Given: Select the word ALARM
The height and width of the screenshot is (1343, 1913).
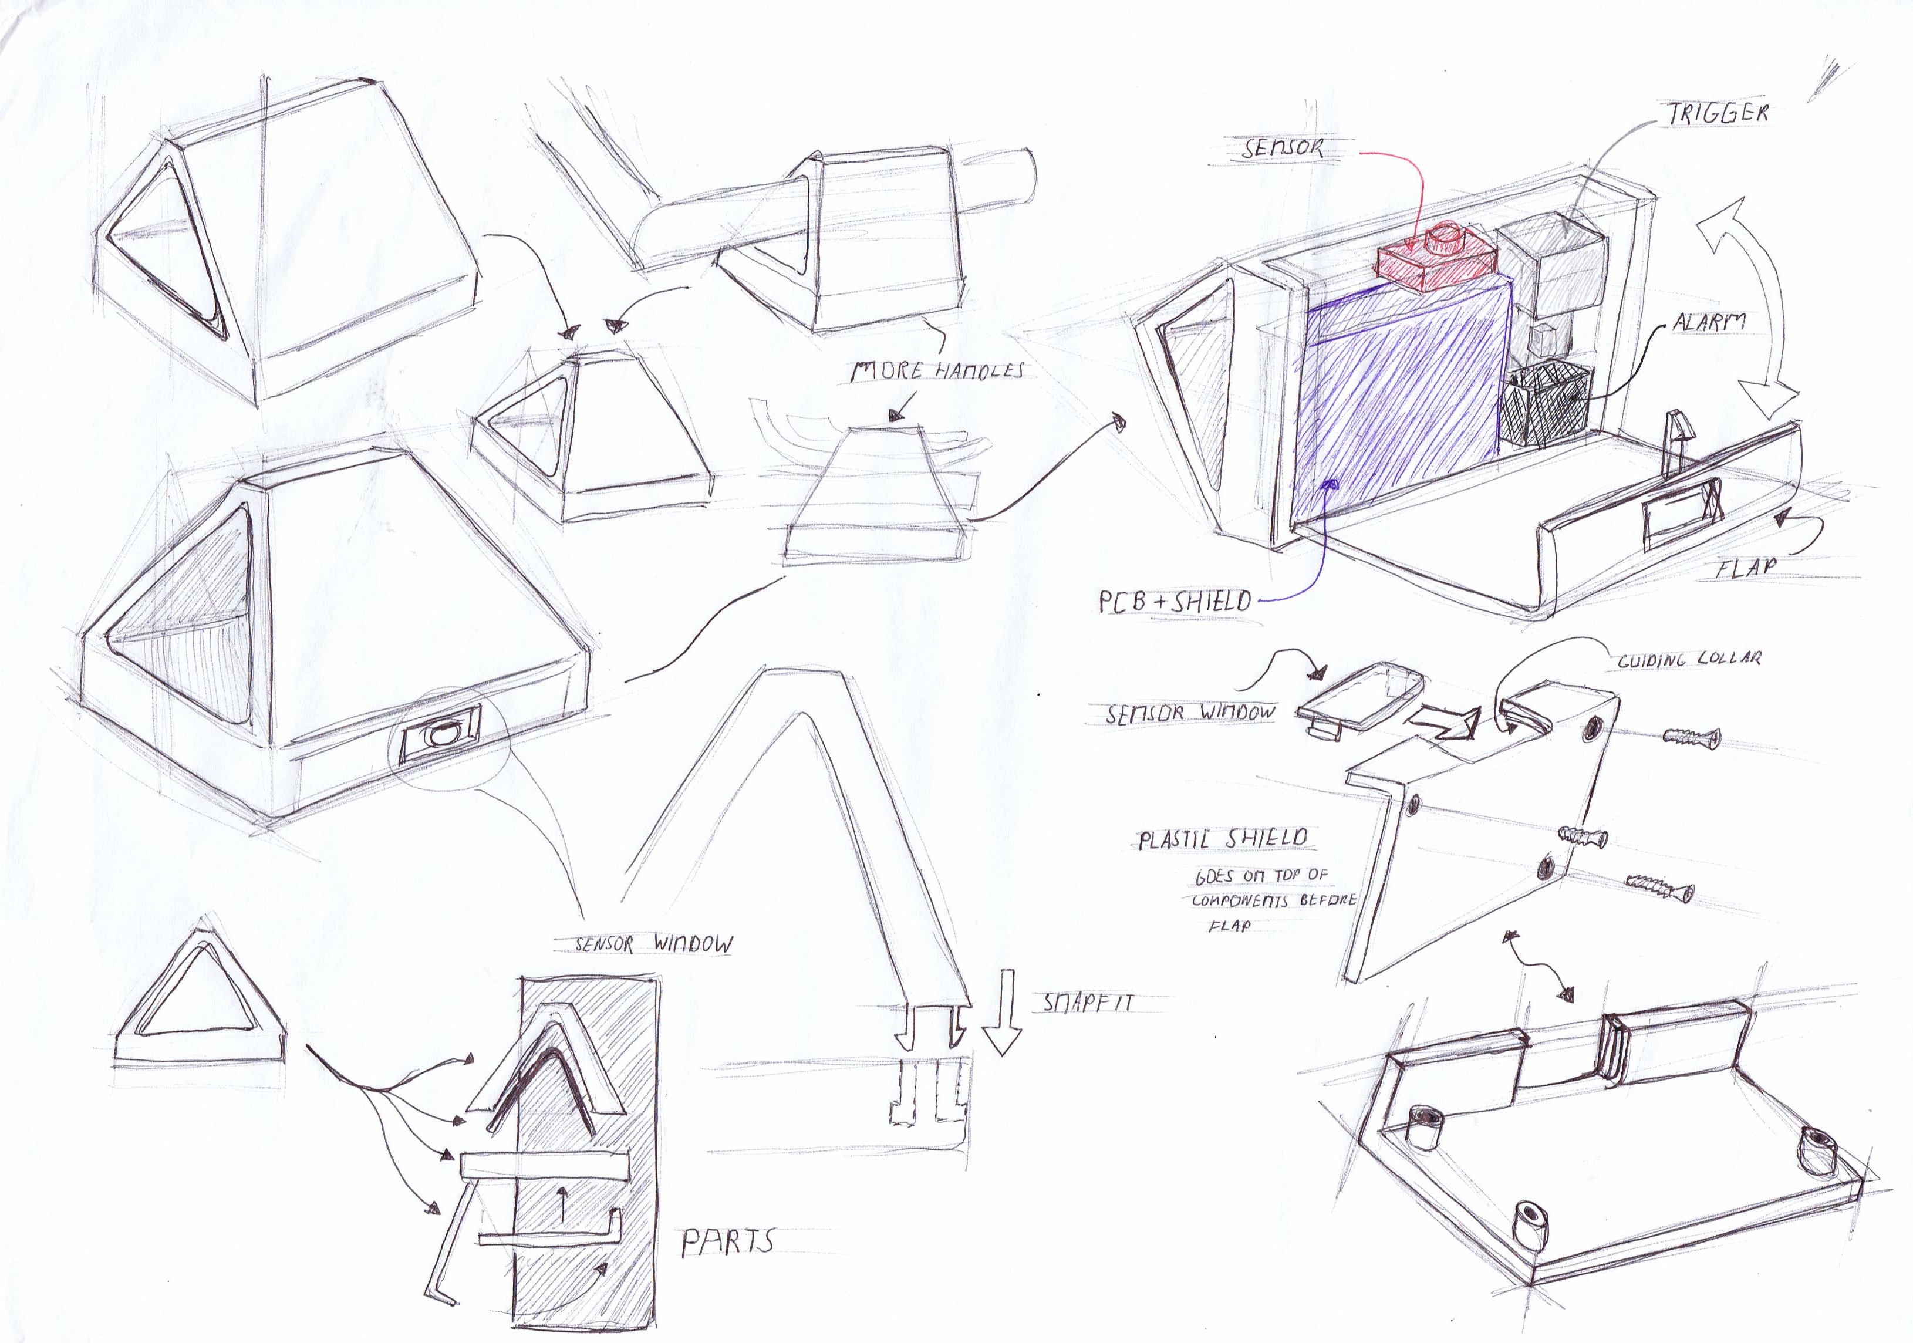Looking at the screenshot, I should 1709,322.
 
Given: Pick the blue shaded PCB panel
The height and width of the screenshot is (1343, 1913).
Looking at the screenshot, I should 1404,392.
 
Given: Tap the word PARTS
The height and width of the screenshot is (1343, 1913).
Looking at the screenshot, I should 727,1243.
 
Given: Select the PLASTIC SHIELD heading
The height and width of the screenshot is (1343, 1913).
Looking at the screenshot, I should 1222,839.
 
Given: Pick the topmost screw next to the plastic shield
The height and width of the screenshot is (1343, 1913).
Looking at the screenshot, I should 1691,737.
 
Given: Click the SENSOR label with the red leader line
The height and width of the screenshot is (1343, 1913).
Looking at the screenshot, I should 1281,149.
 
